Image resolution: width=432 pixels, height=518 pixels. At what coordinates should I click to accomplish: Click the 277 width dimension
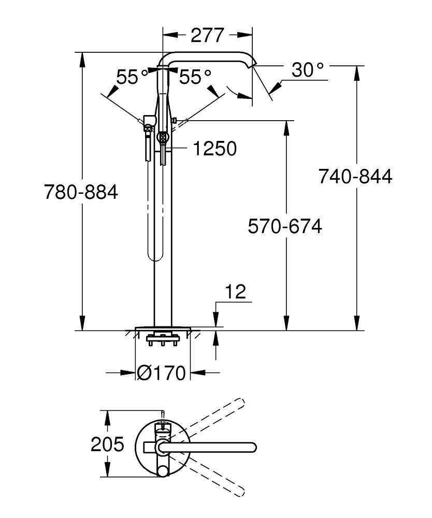(x=207, y=35)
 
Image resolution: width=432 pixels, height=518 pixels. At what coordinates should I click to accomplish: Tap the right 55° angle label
(x=195, y=77)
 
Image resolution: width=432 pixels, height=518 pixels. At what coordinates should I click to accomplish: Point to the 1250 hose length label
(x=214, y=149)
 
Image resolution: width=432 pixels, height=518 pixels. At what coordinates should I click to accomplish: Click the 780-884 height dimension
(x=81, y=192)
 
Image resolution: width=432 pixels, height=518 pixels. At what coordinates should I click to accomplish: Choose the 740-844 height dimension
(x=355, y=177)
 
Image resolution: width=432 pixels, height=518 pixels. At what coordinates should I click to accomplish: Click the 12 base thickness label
(x=235, y=292)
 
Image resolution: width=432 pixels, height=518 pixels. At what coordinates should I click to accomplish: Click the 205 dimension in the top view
(x=107, y=444)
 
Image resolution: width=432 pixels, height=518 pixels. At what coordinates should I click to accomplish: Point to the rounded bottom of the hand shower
(x=151, y=256)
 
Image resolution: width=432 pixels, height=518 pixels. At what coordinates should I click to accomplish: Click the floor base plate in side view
(x=163, y=328)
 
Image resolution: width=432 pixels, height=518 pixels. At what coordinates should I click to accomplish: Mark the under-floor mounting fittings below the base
(x=163, y=341)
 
